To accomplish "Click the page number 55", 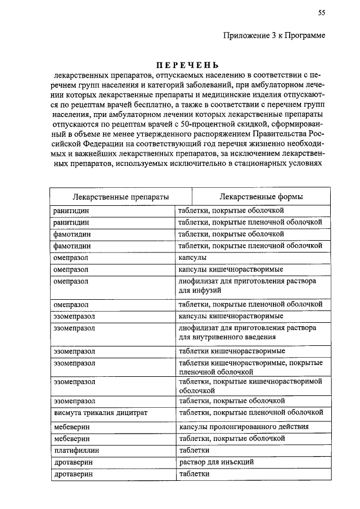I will pos(321,13).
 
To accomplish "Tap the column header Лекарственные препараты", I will pos(120,197).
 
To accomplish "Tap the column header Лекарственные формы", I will pos(262,197).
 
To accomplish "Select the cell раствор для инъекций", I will pos(217,462).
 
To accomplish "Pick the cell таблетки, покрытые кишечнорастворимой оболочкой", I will pos(250,385).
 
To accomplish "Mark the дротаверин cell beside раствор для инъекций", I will pos(73,462).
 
